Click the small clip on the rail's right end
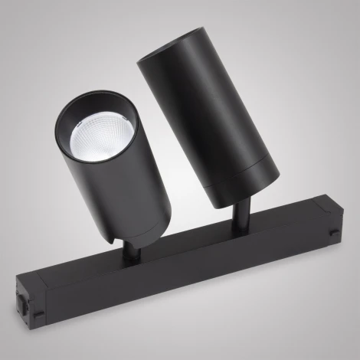click(334, 231)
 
